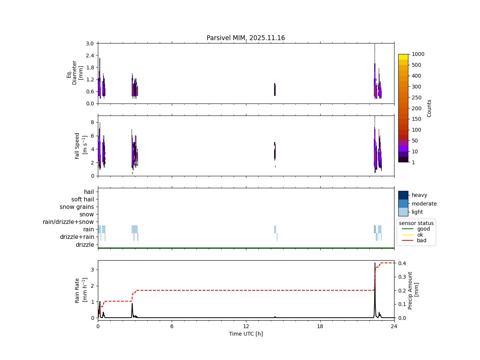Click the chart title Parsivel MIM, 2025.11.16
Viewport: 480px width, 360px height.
[246, 38]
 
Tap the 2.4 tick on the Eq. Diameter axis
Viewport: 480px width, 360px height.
[90, 55]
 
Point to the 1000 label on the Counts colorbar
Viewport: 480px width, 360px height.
[418, 54]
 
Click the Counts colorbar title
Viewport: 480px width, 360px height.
[429, 108]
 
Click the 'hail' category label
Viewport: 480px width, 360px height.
[89, 192]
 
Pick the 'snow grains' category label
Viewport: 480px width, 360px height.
[76, 207]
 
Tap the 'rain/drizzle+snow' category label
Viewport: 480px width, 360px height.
[68, 222]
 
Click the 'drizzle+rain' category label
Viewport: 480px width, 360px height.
[77, 237]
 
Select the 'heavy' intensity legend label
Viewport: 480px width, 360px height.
[419, 195]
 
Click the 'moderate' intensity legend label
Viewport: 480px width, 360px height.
[424, 204]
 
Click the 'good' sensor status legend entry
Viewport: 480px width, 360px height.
[423, 229]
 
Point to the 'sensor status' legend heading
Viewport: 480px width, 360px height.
[416, 223]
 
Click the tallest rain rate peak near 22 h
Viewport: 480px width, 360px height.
[375, 264]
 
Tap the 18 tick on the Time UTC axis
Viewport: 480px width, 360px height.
[320, 326]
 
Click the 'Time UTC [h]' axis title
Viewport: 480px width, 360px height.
[246, 334]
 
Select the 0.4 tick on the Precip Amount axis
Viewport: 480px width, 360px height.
[402, 263]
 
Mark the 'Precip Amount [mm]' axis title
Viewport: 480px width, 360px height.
[413, 291]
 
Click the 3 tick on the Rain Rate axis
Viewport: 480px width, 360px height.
[92, 270]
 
